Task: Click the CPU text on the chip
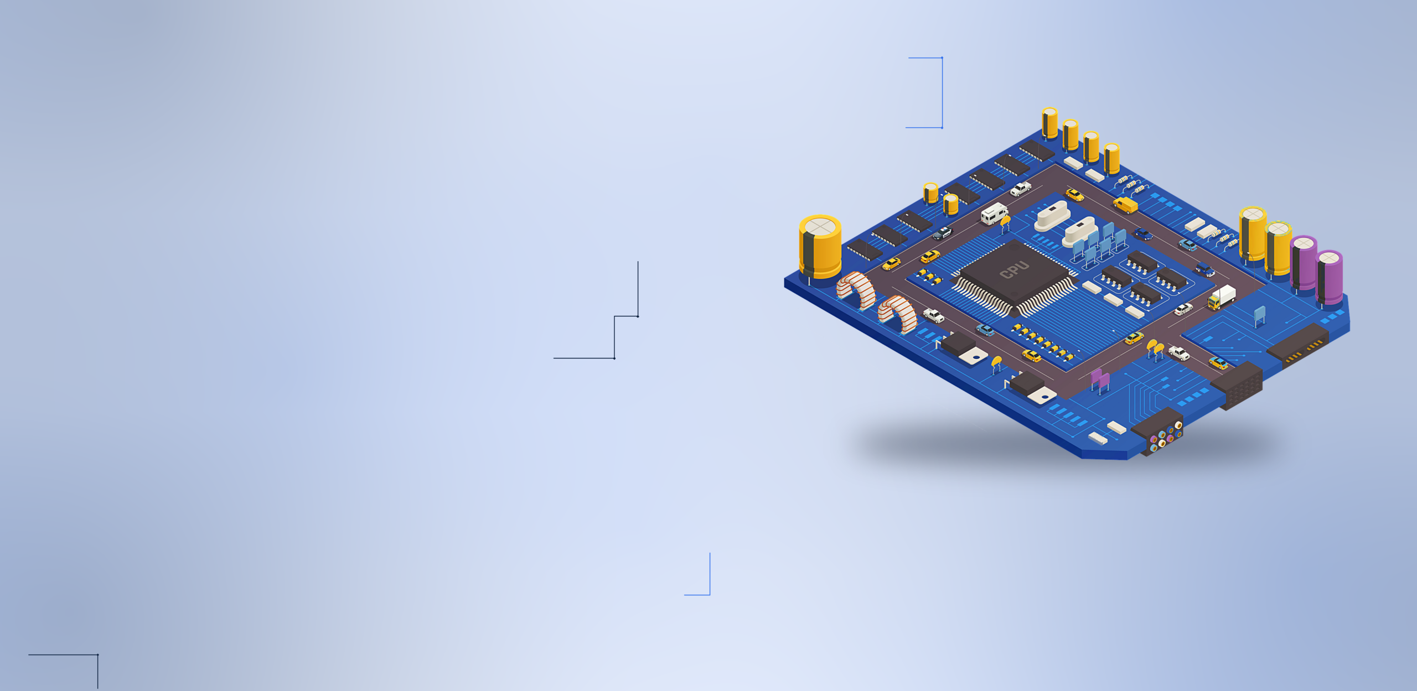click(1015, 269)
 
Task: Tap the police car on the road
click(943, 233)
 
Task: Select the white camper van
click(994, 213)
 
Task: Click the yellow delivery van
click(1125, 205)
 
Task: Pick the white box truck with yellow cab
click(1222, 297)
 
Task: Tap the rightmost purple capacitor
click(1329, 277)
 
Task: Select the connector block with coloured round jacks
click(1159, 432)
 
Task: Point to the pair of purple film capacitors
click(1100, 381)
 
